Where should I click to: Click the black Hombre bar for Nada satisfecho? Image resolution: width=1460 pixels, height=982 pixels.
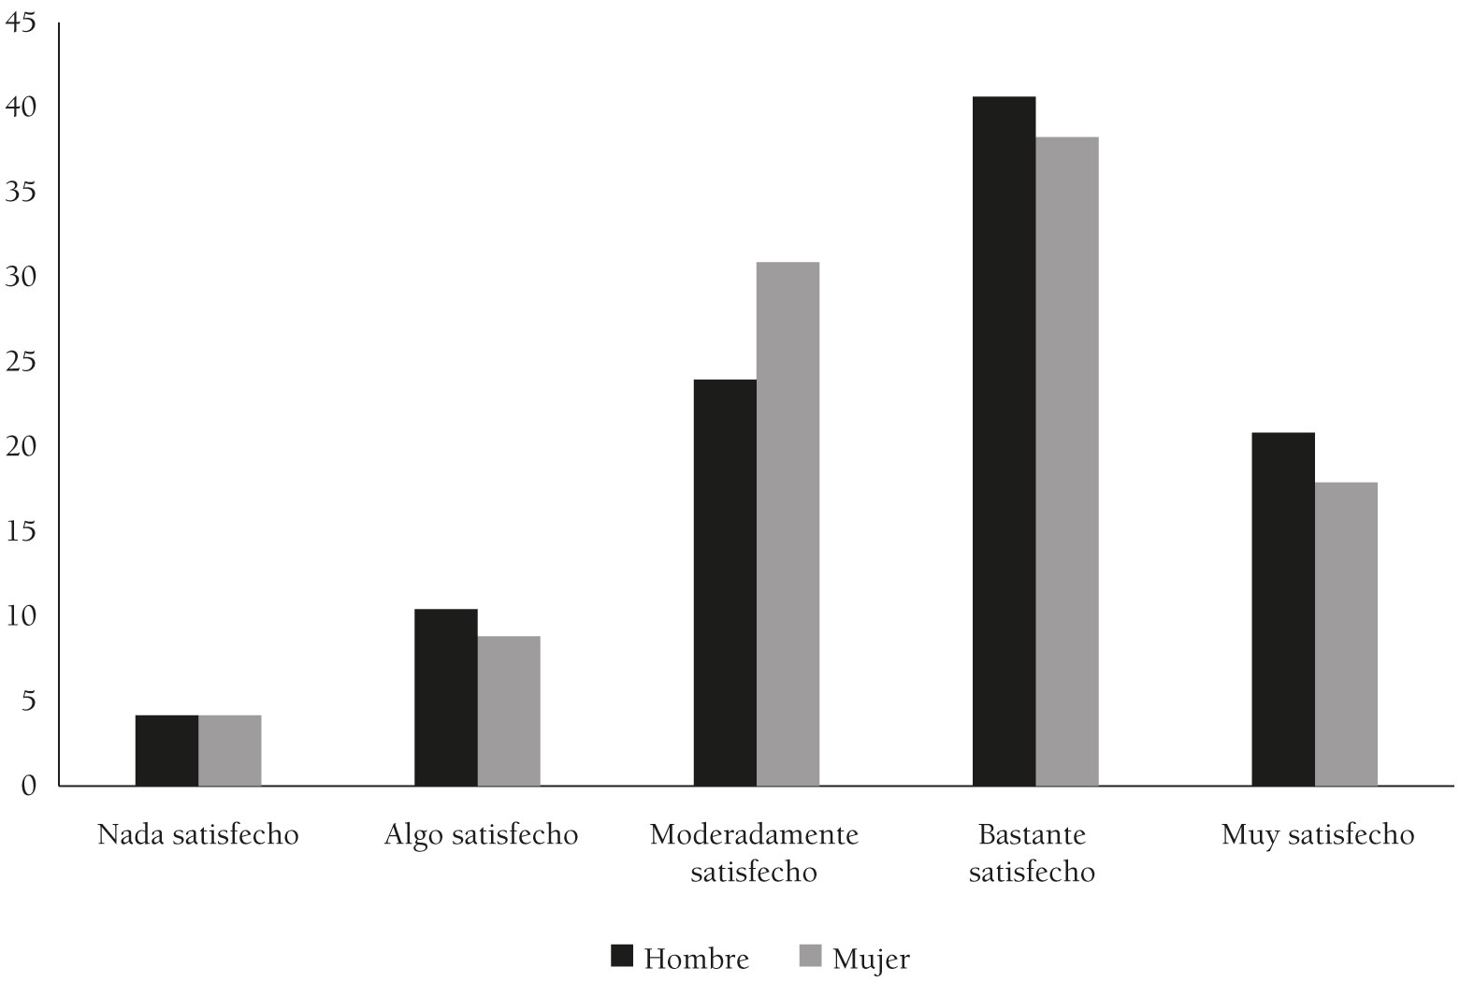tap(166, 750)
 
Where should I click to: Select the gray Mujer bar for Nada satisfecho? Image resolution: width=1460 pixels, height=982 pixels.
tap(230, 750)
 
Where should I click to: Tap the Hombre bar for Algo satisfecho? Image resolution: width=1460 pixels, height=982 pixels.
tap(445, 697)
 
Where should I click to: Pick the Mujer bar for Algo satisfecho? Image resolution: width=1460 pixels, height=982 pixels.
tap(509, 711)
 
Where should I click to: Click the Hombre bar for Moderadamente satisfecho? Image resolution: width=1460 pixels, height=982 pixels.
tap(725, 582)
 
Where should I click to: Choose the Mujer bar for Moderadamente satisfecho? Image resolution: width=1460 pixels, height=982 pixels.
tap(788, 524)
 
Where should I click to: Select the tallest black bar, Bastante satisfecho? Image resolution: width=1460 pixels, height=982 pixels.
tap(1004, 440)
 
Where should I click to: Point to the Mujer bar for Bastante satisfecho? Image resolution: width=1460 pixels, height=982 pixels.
tap(1067, 461)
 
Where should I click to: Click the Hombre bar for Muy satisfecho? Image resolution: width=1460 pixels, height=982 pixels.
tap(1283, 609)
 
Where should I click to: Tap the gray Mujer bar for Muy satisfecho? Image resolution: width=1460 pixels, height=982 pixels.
tap(1346, 634)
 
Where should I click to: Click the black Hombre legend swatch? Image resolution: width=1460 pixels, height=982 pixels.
tap(622, 956)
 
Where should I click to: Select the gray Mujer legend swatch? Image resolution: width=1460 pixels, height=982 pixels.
tap(810, 956)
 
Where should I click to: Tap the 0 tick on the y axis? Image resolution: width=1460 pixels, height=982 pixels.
tap(28, 786)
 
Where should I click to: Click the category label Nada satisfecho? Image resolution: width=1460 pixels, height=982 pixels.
tap(198, 834)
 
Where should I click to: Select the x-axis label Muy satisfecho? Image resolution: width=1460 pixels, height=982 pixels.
tap(1318, 834)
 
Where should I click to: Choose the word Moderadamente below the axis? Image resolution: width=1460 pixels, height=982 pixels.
tap(754, 834)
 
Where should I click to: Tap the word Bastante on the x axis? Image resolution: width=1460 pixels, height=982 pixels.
tap(1033, 834)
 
